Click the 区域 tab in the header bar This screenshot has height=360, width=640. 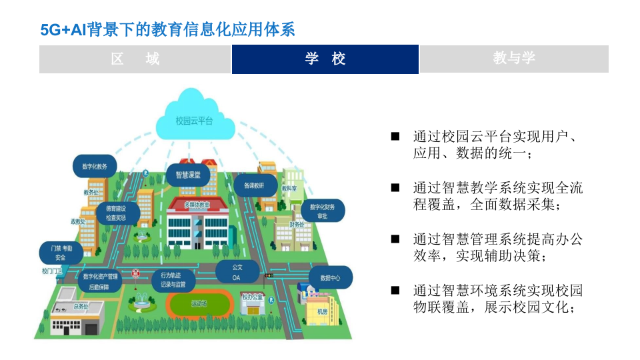[x=135, y=59]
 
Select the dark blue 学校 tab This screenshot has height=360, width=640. [x=325, y=59]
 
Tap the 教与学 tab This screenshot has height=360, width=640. [x=514, y=59]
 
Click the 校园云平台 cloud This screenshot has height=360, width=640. [x=194, y=121]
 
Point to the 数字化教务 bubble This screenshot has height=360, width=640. [x=94, y=167]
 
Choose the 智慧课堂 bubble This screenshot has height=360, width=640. [x=188, y=175]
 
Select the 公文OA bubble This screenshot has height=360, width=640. [x=237, y=272]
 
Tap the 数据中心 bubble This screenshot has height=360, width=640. [x=330, y=277]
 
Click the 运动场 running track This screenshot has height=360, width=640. [x=199, y=305]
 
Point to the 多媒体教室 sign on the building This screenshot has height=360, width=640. [x=197, y=205]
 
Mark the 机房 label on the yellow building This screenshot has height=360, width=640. [x=323, y=311]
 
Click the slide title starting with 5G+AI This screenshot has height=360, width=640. [x=167, y=30]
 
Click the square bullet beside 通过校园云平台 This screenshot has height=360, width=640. [x=395, y=136]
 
